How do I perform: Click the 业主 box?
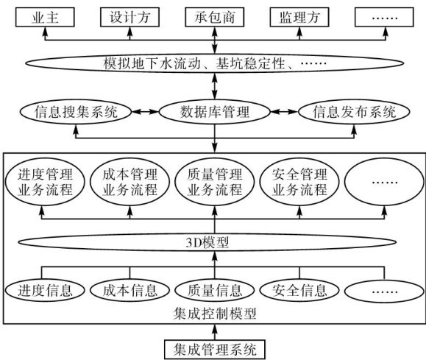click(45, 17)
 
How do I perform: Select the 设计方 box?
click(129, 17)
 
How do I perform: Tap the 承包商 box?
click(214, 17)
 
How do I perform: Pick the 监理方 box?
click(299, 17)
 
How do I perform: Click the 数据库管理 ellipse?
click(215, 112)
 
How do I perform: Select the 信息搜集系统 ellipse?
click(76, 112)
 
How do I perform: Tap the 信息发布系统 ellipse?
click(354, 112)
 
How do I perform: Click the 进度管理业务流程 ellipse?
click(45, 182)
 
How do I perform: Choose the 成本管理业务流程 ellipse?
click(129, 182)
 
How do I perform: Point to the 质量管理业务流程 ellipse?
click(214, 182)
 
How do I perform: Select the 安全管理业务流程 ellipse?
click(299, 182)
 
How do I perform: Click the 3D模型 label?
click(207, 242)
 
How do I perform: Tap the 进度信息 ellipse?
click(45, 290)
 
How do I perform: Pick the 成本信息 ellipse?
click(129, 290)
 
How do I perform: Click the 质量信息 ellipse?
click(214, 290)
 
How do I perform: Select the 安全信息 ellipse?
click(299, 290)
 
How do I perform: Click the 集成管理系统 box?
click(215, 350)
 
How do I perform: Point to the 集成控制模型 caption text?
click(215, 314)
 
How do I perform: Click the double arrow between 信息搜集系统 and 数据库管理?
click(146, 112)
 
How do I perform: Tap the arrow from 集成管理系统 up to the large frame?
click(215, 332)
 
